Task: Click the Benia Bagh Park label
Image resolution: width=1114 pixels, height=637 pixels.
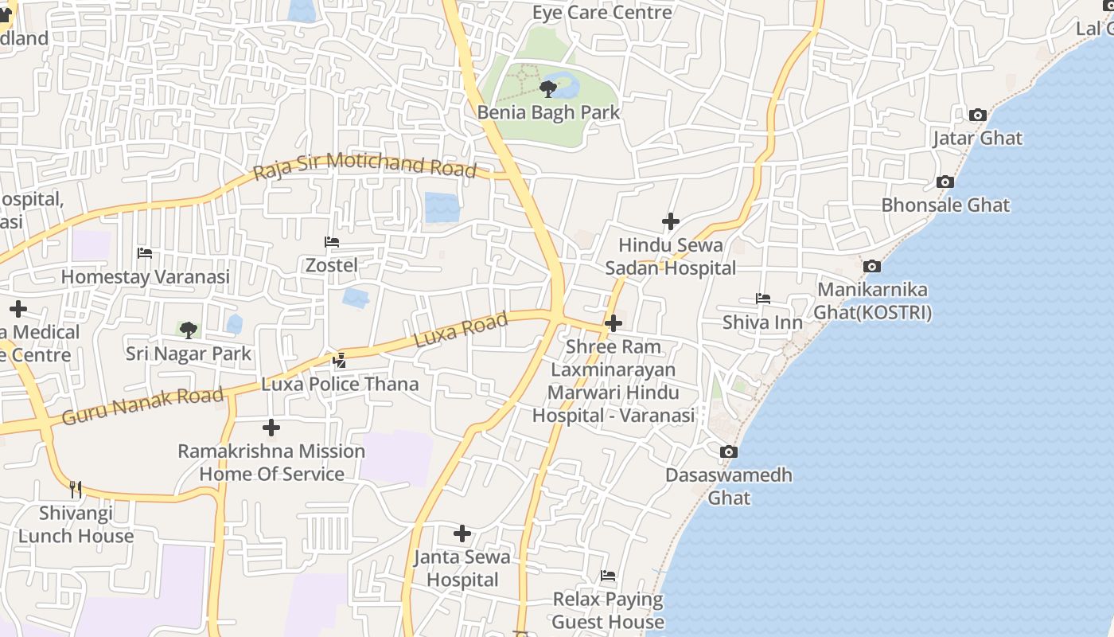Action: (x=548, y=112)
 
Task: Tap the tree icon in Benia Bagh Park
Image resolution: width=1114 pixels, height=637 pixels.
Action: (x=547, y=88)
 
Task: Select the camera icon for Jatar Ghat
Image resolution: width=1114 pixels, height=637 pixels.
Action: (x=978, y=115)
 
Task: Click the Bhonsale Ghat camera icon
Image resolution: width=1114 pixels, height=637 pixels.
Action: (x=945, y=182)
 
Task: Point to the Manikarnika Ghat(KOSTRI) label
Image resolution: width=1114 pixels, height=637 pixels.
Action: (x=872, y=301)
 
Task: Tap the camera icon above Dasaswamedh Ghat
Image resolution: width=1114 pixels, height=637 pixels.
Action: (x=728, y=451)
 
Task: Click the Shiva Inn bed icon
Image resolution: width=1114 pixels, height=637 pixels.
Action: (x=762, y=299)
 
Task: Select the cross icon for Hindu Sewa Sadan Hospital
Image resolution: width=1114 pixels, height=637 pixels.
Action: (x=670, y=221)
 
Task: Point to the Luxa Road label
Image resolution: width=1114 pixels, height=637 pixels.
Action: (x=461, y=330)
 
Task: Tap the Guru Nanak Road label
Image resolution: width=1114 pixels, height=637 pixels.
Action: (x=142, y=405)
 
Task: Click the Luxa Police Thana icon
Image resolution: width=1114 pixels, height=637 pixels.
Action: (x=339, y=360)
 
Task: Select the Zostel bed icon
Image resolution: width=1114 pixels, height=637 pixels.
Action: (x=332, y=241)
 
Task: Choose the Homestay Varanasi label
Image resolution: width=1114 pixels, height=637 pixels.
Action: (x=146, y=276)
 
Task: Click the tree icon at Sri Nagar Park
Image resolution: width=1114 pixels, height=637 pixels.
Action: (x=188, y=330)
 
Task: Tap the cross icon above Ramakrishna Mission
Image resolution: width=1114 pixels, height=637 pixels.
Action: (x=271, y=428)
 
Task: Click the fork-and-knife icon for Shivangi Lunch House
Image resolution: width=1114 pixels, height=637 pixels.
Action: (x=76, y=488)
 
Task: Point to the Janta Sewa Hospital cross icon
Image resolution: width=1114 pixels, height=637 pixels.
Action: (x=462, y=533)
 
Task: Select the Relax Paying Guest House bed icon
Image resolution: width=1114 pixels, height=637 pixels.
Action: (x=608, y=575)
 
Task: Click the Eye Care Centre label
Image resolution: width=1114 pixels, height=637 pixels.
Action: (x=602, y=12)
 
